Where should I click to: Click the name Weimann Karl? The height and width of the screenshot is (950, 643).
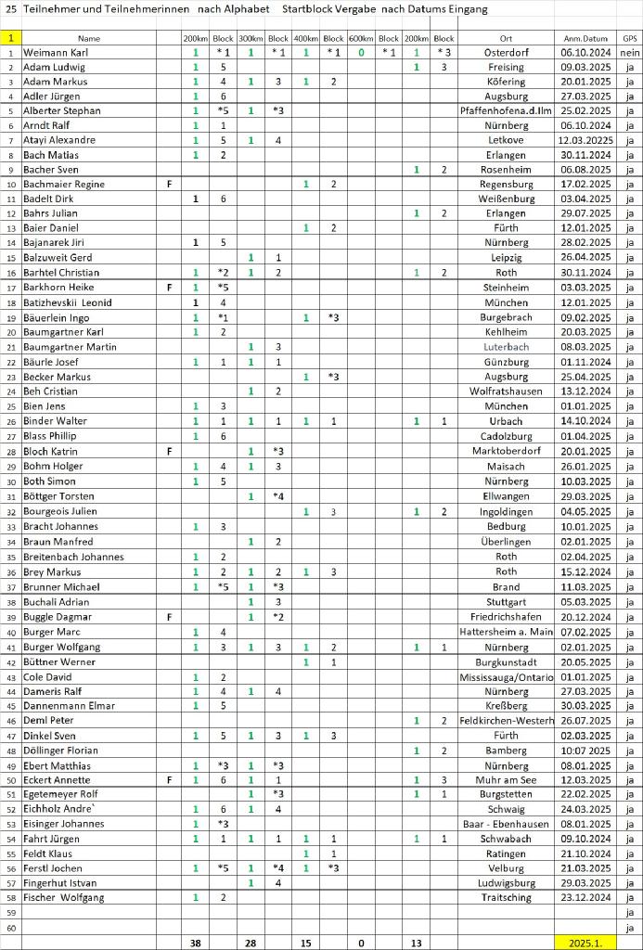[53, 53]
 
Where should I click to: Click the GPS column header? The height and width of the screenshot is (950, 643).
[630, 39]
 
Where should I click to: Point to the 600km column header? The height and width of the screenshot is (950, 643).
[361, 39]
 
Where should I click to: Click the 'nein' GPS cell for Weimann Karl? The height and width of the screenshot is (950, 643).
[630, 53]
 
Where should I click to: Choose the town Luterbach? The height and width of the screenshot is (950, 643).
[506, 345]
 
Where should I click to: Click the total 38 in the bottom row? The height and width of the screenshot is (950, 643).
[195, 943]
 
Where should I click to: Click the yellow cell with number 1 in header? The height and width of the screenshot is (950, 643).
[10, 39]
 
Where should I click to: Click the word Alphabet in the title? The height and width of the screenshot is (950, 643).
[248, 8]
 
